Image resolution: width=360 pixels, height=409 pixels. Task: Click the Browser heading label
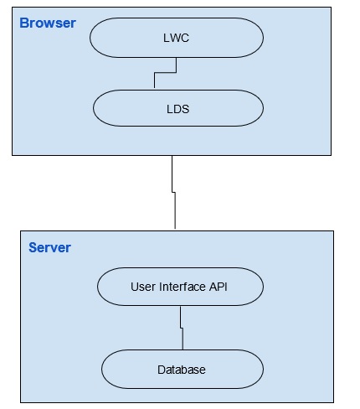(47, 23)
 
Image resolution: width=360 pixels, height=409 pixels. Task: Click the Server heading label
(49, 247)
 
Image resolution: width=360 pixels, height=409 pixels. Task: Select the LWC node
(177, 38)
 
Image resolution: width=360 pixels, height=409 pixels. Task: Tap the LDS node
(178, 108)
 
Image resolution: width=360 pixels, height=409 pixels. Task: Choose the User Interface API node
(180, 287)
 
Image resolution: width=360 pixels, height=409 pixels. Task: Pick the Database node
(182, 369)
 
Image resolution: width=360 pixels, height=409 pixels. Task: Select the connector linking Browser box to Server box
(173, 193)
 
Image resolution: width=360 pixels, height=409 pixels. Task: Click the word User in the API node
(143, 287)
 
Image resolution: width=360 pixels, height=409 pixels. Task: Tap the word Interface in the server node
(181, 287)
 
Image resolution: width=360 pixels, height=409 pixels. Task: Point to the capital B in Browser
(24, 23)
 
